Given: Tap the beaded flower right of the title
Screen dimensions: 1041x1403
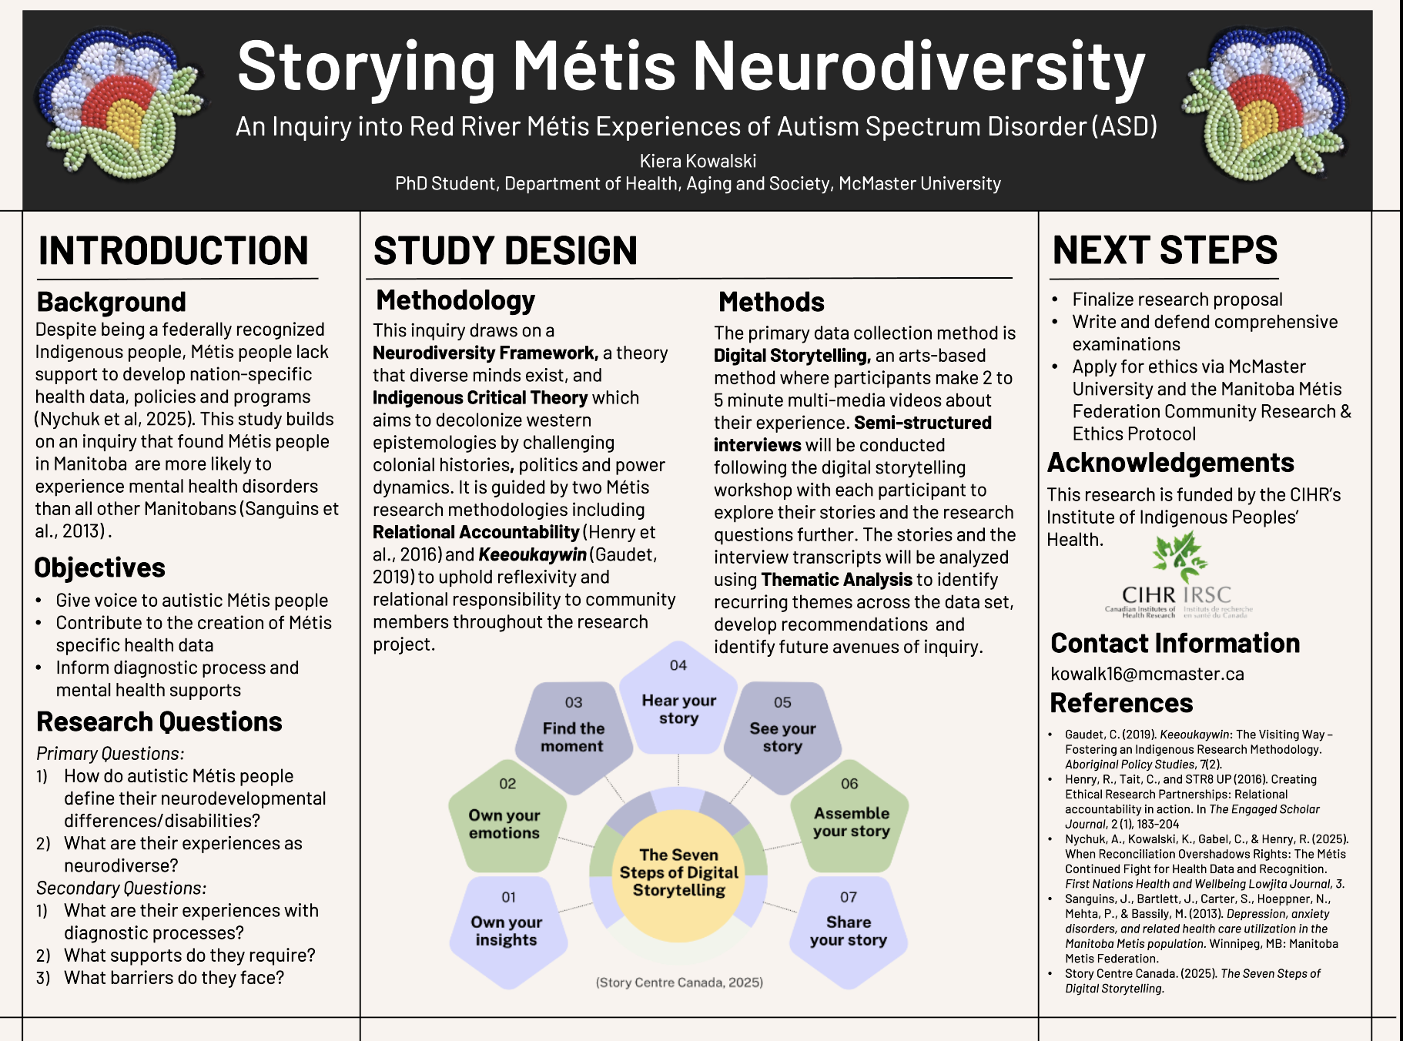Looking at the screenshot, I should tap(1268, 104).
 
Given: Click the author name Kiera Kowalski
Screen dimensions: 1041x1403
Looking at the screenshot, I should tap(698, 161).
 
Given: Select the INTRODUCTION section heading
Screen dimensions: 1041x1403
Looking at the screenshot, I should tap(173, 251).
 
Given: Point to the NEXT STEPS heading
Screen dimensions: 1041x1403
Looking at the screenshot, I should tap(1164, 250).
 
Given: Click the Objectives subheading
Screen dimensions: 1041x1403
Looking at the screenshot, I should tap(100, 567).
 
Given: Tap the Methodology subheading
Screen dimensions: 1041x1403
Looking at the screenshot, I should tap(455, 300).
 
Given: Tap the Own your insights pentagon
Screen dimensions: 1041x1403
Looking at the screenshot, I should tap(507, 929).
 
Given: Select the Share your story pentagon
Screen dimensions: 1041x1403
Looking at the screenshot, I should tap(848, 929).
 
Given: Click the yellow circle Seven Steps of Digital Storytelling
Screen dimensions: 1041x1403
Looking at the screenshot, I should tap(678, 873).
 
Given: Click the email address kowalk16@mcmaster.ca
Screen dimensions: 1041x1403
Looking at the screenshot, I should tap(1147, 674).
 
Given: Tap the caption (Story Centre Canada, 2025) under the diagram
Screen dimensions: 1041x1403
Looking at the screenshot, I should tap(679, 982).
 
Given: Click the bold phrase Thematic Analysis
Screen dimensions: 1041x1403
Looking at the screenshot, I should tap(836, 580).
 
